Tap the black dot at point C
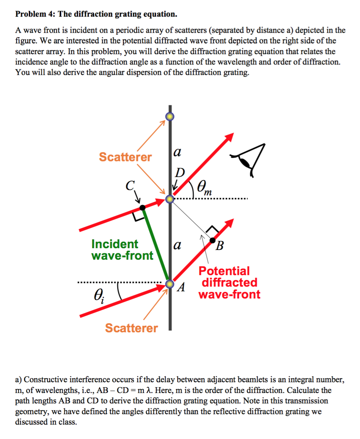coord(142,207)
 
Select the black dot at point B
coord(213,240)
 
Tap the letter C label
coord(130,185)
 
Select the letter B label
coord(220,246)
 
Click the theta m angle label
coord(204,188)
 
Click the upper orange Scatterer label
coord(125,157)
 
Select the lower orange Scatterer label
coord(131,328)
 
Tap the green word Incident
coord(115,244)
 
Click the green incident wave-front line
coord(156,244)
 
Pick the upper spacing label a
coord(176,152)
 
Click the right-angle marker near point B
coord(213,229)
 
